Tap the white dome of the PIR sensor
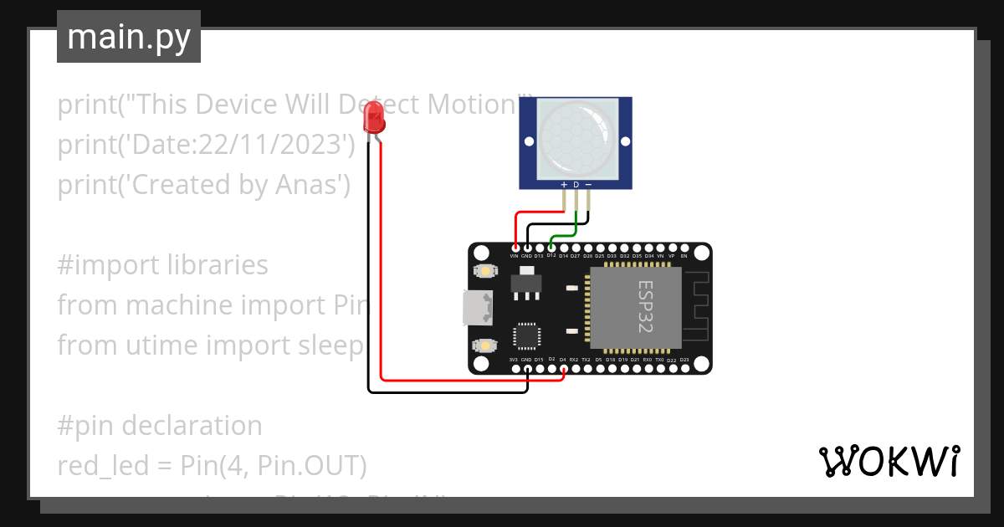point(576,137)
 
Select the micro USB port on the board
point(478,308)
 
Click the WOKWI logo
point(889,461)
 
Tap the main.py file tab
point(129,37)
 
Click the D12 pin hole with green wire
point(551,248)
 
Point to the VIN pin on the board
point(515,248)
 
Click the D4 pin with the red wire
point(563,368)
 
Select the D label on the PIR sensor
point(576,185)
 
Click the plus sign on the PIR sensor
point(564,185)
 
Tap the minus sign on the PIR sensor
point(588,185)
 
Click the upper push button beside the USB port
point(484,271)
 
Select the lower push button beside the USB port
point(484,345)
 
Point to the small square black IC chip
point(527,336)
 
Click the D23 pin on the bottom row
point(684,368)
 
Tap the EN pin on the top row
point(684,248)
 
